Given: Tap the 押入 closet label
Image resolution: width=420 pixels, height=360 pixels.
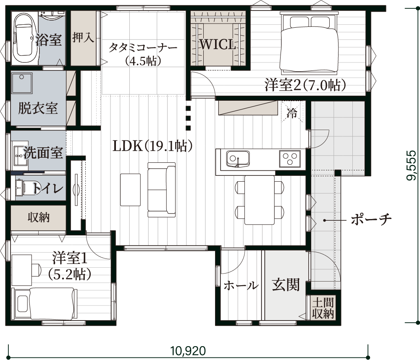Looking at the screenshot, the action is point(83,37).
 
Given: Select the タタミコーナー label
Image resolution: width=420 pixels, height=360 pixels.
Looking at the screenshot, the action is point(143,48).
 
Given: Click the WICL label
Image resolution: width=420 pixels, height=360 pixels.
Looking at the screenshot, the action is point(218,44).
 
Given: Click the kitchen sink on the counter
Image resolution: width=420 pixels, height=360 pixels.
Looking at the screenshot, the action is point(238,159).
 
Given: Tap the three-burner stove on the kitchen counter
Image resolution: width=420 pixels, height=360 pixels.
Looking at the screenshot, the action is point(290,159).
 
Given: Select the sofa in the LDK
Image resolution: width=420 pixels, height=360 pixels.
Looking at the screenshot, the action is point(162,190).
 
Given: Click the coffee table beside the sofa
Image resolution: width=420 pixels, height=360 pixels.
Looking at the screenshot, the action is point(131,190).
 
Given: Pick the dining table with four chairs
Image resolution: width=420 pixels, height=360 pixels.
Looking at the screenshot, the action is point(259,200).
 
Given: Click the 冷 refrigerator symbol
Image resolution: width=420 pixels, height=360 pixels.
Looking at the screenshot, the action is point(292,112).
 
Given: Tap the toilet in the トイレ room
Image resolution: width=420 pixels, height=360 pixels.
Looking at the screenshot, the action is point(25,187).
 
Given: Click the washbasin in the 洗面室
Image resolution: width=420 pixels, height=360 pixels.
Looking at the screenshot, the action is point(20,157).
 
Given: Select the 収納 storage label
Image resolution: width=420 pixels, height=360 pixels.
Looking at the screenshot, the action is point(39,217).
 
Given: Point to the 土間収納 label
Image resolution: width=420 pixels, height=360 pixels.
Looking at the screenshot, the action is point(323,308).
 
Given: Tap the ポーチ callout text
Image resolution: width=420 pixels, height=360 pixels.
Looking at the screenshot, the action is point(371,220).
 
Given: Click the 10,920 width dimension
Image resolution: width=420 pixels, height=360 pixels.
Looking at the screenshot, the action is point(188,350).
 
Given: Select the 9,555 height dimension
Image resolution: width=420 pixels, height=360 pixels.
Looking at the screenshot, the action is point(412,165).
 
